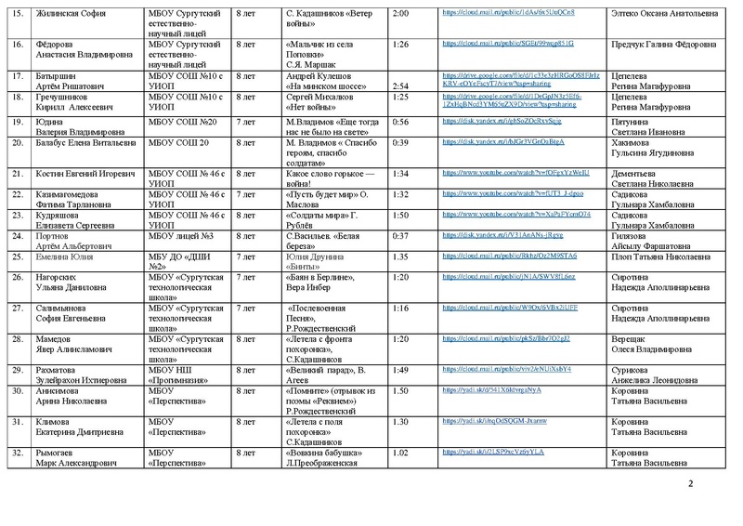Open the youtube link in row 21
tap(494, 173)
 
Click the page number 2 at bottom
tap(690, 485)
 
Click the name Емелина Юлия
tap(65, 256)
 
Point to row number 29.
tap(16, 369)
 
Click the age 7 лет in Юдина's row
tap(245, 121)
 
